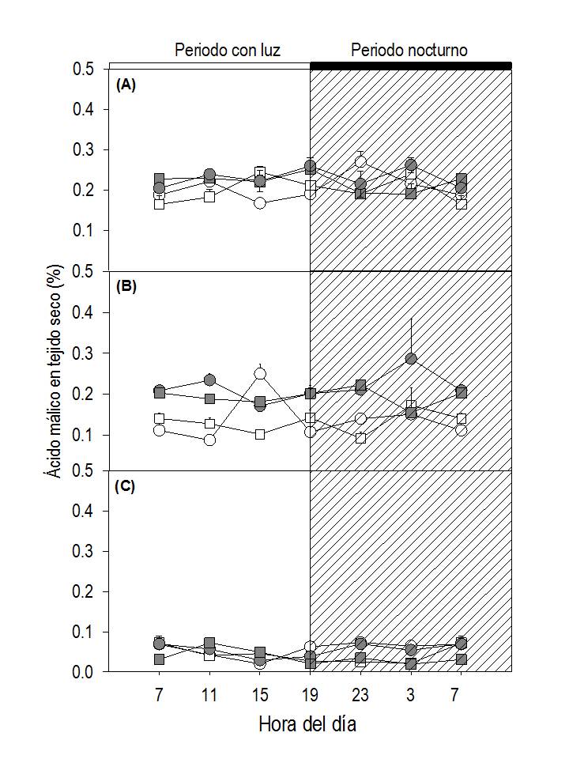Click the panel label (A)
point(126,85)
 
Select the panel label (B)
point(126,287)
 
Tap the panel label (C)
point(126,486)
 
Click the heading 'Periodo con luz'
point(228,51)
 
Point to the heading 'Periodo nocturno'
point(409,51)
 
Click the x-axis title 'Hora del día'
point(307,724)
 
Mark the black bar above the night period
point(411,65)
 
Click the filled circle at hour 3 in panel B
point(411,359)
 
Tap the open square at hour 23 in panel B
point(360,437)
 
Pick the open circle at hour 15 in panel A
point(260,203)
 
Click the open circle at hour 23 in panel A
point(360,162)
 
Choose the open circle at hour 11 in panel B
point(209,440)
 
